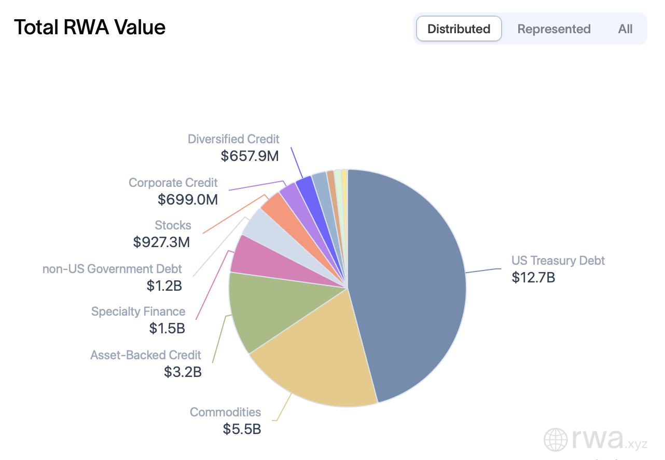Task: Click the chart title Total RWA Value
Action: (x=90, y=27)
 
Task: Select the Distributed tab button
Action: (x=459, y=29)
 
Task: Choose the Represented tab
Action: (x=553, y=29)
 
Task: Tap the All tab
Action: (x=625, y=29)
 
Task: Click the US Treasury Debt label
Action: (x=558, y=261)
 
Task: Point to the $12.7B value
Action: (x=533, y=278)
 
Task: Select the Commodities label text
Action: (x=225, y=412)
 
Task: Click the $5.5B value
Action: (x=242, y=429)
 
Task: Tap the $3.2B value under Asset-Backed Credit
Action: (x=183, y=372)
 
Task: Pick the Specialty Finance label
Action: (x=138, y=312)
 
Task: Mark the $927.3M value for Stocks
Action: (x=161, y=242)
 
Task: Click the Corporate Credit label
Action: (x=173, y=183)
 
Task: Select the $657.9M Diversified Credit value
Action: (x=250, y=156)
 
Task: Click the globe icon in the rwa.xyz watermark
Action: (x=556, y=440)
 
